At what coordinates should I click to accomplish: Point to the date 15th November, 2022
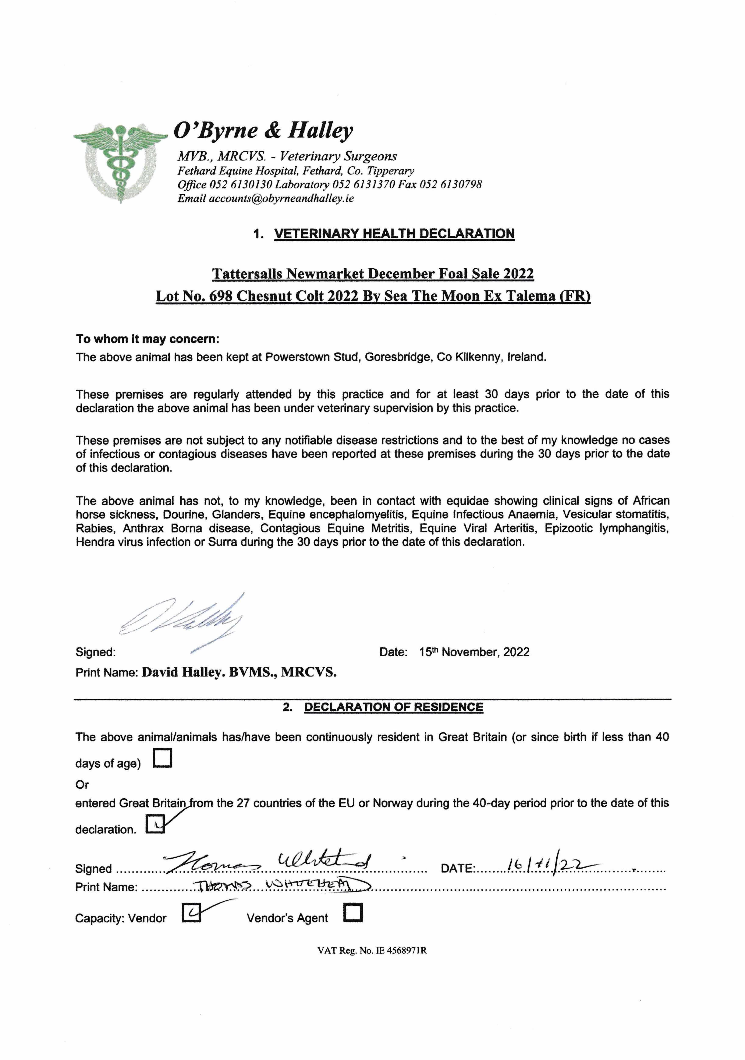pyautogui.click(x=474, y=652)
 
